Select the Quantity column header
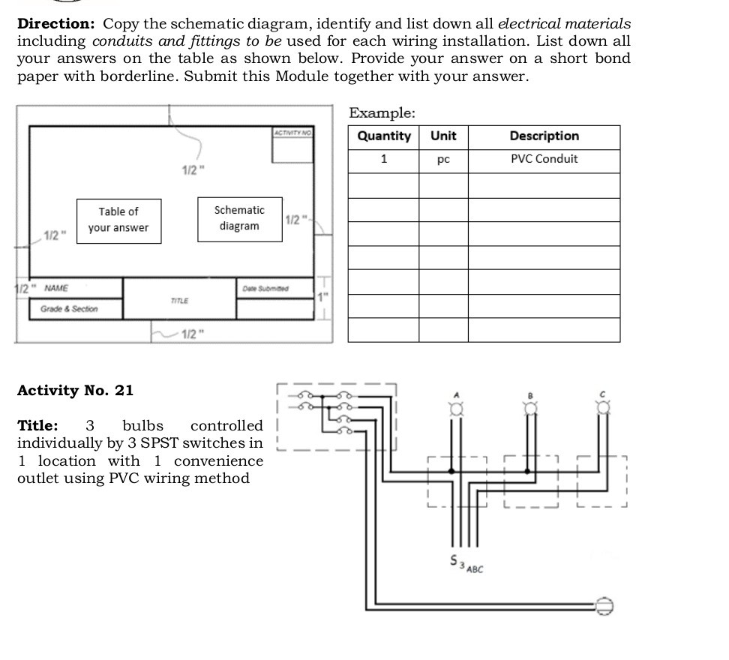tap(384, 136)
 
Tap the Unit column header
tap(443, 136)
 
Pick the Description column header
tap(544, 136)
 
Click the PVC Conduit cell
tap(544, 159)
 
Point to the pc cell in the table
tap(443, 160)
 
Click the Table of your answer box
tap(118, 220)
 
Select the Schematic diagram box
tap(239, 218)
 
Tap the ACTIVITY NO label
tap(292, 132)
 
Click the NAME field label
tap(56, 288)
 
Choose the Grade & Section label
tap(64, 309)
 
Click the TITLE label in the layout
tap(179, 301)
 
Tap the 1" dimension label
tap(322, 297)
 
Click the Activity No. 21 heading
tap(75, 391)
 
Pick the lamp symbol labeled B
tap(529, 406)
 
